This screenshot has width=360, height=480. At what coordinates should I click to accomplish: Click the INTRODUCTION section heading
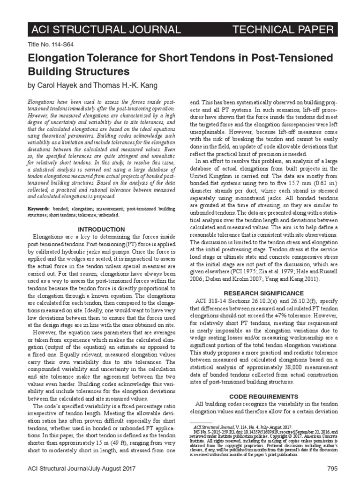pyautogui.click(x=101, y=229)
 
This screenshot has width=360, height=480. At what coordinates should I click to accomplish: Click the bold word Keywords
pyautogui.click(x=38, y=208)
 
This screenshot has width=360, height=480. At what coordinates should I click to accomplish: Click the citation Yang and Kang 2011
pyautogui.click(x=290, y=278)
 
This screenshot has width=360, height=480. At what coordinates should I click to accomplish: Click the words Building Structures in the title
pyautogui.click(x=79, y=72)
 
